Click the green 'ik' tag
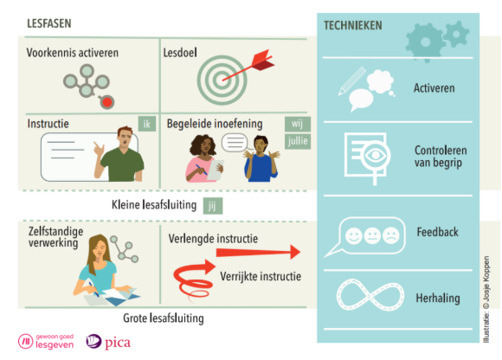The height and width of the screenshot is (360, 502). pyautogui.click(x=147, y=124)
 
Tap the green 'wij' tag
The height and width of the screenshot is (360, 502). pyautogui.click(x=298, y=124)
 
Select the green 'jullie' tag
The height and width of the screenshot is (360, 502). pyautogui.click(x=298, y=141)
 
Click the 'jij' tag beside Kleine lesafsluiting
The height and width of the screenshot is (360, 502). pyautogui.click(x=213, y=206)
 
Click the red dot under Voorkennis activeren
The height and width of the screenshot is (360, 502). pyautogui.click(x=107, y=102)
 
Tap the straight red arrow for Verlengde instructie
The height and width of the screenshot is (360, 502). pyautogui.click(x=258, y=252)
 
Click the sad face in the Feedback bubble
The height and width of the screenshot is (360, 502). pyautogui.click(x=391, y=236)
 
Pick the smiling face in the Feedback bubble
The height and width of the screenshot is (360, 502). pyautogui.click(x=353, y=236)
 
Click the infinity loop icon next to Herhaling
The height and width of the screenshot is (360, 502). pyautogui.click(x=370, y=295)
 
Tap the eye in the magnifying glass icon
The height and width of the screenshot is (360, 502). pyautogui.click(x=375, y=156)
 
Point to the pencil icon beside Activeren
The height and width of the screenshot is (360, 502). pyautogui.click(x=352, y=81)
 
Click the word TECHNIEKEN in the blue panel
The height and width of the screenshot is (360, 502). pyautogui.click(x=353, y=26)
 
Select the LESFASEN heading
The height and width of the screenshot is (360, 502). pyautogui.click(x=49, y=23)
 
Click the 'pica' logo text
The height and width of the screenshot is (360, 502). pyautogui.click(x=118, y=343)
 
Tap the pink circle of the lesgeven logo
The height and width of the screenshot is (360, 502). pyautogui.click(x=25, y=341)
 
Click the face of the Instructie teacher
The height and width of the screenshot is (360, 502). pyautogui.click(x=125, y=138)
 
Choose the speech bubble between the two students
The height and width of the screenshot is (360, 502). pyautogui.click(x=235, y=143)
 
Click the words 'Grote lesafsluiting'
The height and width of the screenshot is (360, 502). pyautogui.click(x=164, y=318)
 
